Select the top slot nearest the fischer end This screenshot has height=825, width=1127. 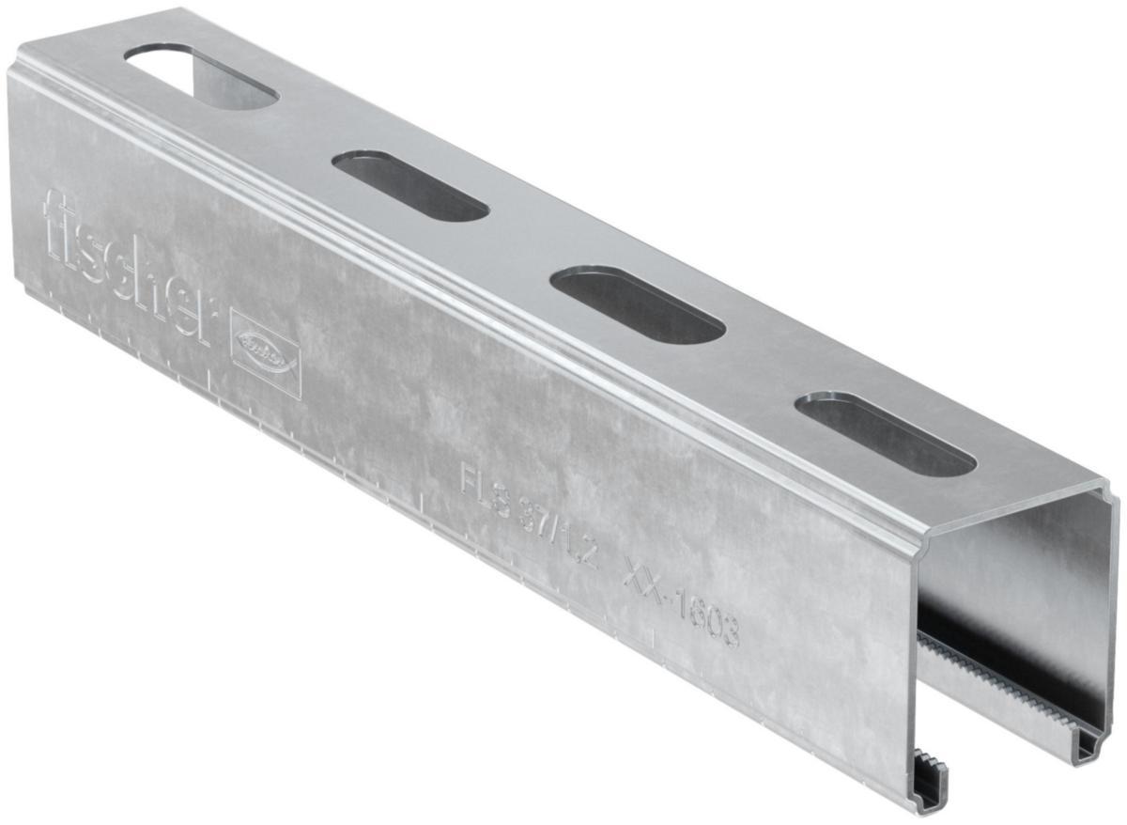tap(201, 75)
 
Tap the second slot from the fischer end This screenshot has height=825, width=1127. tap(409, 185)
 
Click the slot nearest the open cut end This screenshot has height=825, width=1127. tap(884, 433)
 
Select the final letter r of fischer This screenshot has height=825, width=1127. tap(196, 315)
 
